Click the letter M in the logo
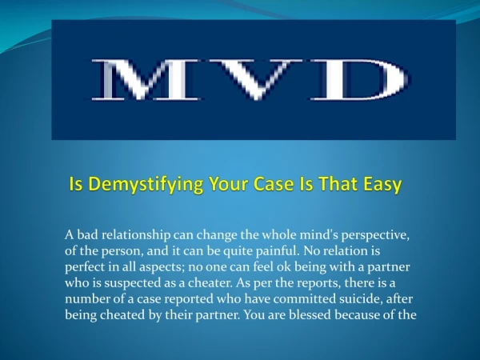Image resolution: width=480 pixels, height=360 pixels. [146, 79]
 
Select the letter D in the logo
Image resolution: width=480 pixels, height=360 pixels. [358, 79]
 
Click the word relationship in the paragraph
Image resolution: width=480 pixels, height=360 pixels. [136, 236]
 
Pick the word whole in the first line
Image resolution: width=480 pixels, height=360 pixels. [279, 235]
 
